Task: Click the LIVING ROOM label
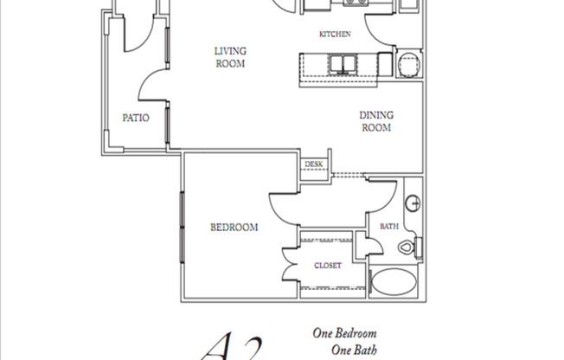[x=230, y=57]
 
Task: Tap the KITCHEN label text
[x=335, y=35]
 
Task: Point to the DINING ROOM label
[x=377, y=121]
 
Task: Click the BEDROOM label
[x=234, y=228]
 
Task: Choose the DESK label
[x=312, y=164]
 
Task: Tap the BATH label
[x=388, y=228]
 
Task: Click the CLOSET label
[x=327, y=266]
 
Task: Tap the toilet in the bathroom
[x=411, y=247]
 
